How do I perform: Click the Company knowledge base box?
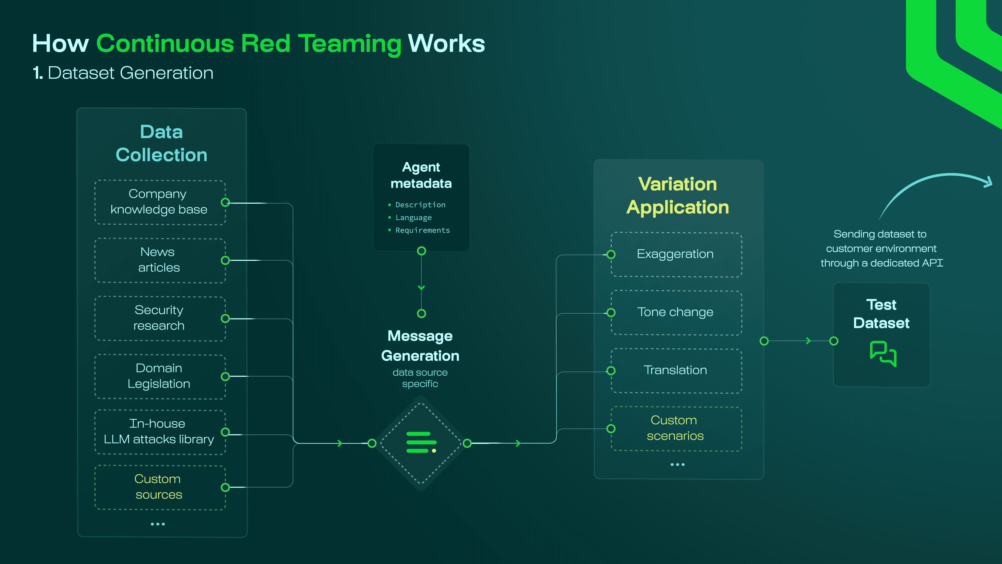pyautogui.click(x=159, y=202)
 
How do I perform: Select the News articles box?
pyautogui.click(x=159, y=260)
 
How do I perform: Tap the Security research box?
pyautogui.click(x=159, y=318)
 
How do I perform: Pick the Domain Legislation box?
pyautogui.click(x=159, y=376)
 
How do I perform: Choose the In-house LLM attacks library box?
pyautogui.click(x=159, y=432)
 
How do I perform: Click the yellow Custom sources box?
pyautogui.click(x=159, y=487)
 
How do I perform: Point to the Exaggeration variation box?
pyautogui.click(x=676, y=254)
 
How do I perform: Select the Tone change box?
pyautogui.click(x=676, y=312)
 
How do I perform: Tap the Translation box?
pyautogui.click(x=676, y=370)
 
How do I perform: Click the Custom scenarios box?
pyautogui.click(x=676, y=428)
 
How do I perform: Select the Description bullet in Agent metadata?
pyautogui.click(x=420, y=205)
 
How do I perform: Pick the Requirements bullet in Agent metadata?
pyautogui.click(x=422, y=230)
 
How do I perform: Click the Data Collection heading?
pyautogui.click(x=162, y=143)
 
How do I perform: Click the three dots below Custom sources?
pyautogui.click(x=158, y=524)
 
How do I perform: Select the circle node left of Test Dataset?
pyautogui.click(x=834, y=341)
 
